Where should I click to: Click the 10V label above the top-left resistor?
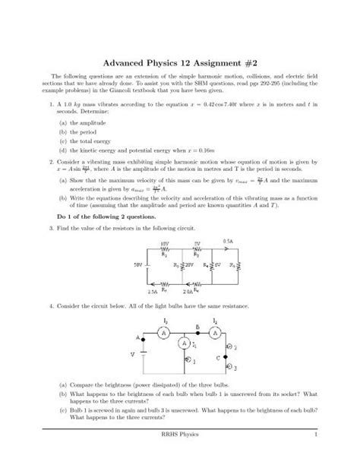tap(164, 243)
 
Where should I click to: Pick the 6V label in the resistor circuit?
tap(216, 265)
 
